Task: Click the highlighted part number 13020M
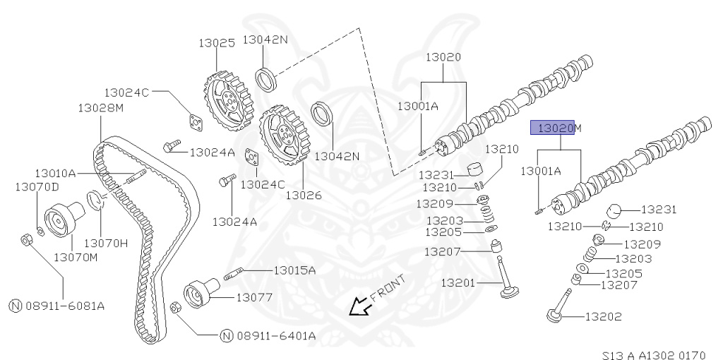coord(556,128)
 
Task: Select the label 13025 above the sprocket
coord(215,42)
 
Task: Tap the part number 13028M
coord(100,107)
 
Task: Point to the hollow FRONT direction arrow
coord(361,306)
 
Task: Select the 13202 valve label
coord(603,316)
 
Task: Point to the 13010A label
coord(55,173)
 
